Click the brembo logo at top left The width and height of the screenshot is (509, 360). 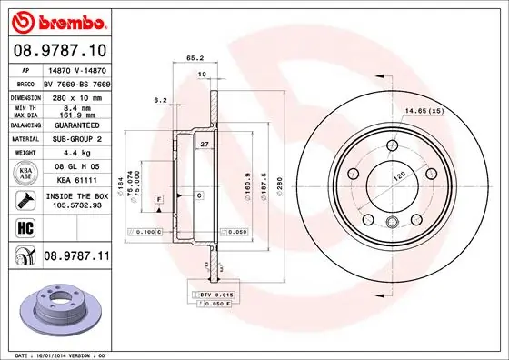(56, 20)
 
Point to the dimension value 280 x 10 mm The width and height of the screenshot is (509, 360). (75, 95)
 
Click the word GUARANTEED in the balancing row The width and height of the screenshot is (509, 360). (75, 125)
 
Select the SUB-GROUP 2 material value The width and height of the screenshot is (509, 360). (75, 138)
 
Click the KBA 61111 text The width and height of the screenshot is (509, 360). (75, 181)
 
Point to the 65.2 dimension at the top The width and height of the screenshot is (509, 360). (195, 57)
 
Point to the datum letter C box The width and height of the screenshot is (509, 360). (198, 195)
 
